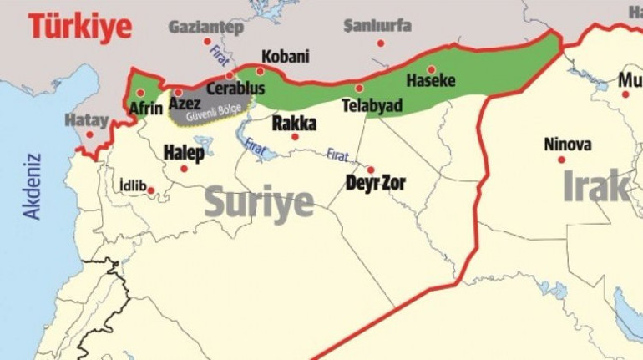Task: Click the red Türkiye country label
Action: [80, 26]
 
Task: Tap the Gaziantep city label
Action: [205, 27]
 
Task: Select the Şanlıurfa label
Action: [377, 25]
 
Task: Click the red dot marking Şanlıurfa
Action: [380, 43]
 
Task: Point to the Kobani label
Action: [285, 57]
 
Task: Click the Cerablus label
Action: [235, 88]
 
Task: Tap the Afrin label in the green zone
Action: [146, 108]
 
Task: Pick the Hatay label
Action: [87, 120]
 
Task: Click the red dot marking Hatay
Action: [89, 134]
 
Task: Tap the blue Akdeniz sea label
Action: [33, 185]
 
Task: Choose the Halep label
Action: [184, 153]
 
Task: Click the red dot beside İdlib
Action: [151, 190]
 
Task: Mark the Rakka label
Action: [295, 123]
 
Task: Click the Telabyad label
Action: [372, 105]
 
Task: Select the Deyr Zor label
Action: [375, 182]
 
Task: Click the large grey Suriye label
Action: [259, 202]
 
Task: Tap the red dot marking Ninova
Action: [561, 160]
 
